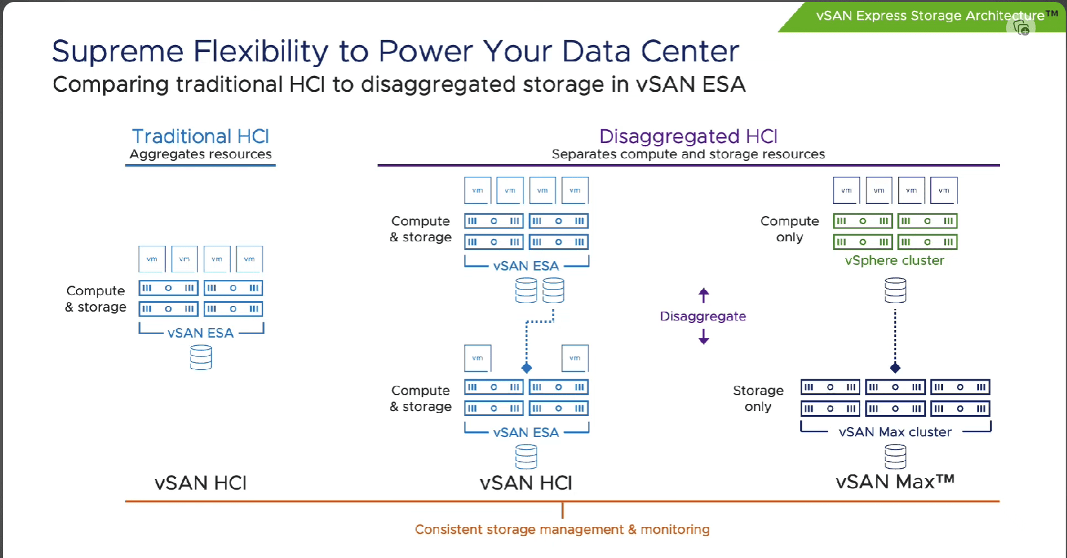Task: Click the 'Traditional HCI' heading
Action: [x=201, y=136]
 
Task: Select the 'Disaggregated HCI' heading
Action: [x=688, y=136]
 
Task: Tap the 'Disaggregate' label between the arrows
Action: [x=702, y=316]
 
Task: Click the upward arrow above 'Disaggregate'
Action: [x=704, y=295]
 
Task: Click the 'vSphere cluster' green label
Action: [x=894, y=260]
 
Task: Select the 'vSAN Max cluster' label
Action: [x=895, y=432]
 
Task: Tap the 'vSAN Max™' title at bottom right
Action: [x=895, y=482]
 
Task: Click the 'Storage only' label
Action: [x=758, y=398]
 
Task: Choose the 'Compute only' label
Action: [x=790, y=229]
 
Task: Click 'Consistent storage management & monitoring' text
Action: [x=562, y=529]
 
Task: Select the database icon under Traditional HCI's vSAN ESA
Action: [x=201, y=357]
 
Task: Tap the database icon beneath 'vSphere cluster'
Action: [x=895, y=291]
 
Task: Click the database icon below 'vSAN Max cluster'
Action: [x=895, y=457]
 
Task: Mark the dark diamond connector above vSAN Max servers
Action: [x=895, y=368]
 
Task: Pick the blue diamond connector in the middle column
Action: [x=527, y=368]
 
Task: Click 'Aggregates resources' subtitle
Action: [x=201, y=155]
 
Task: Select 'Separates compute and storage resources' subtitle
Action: [x=688, y=155]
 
